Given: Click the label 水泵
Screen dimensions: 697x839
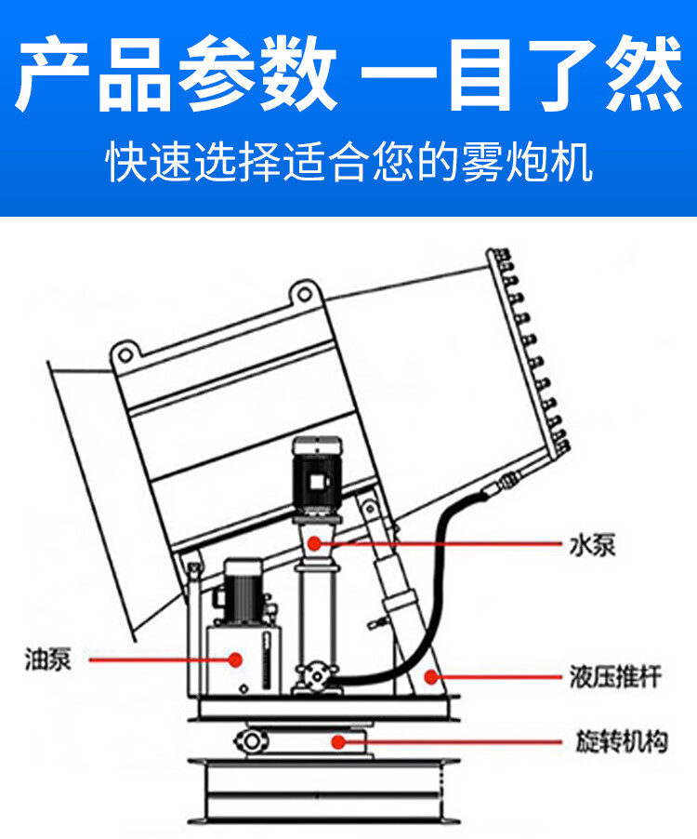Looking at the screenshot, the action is (592, 546).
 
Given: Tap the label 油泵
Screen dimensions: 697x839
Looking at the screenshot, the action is (48, 659).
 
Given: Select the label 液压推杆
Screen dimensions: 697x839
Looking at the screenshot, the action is (615, 677).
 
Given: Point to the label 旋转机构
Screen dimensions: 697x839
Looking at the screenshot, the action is (621, 741).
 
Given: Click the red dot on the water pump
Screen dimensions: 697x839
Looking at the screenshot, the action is (315, 543).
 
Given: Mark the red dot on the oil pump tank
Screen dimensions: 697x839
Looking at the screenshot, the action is (235, 659).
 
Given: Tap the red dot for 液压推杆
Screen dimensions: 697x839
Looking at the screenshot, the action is (431, 677).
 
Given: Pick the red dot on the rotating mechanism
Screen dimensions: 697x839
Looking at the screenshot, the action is (337, 741).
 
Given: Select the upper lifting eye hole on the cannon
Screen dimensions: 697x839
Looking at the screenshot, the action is (304, 294).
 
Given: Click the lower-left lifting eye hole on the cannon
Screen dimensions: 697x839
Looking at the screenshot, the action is (125, 354).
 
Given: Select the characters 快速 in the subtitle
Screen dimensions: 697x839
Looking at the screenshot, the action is (148, 162).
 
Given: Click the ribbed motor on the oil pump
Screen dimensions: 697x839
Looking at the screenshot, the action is (243, 592).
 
